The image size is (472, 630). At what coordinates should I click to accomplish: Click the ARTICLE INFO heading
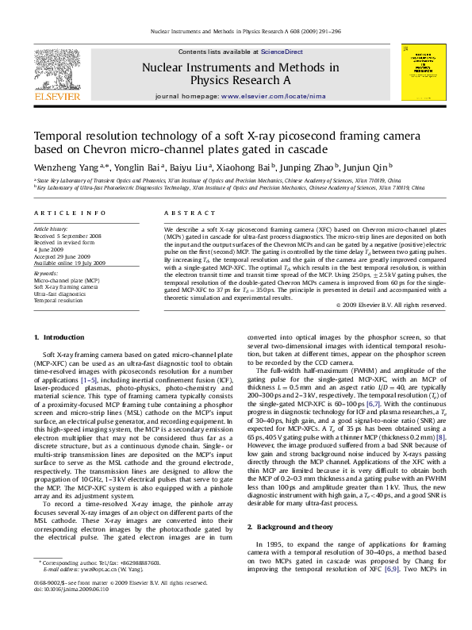tap(70, 213)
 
